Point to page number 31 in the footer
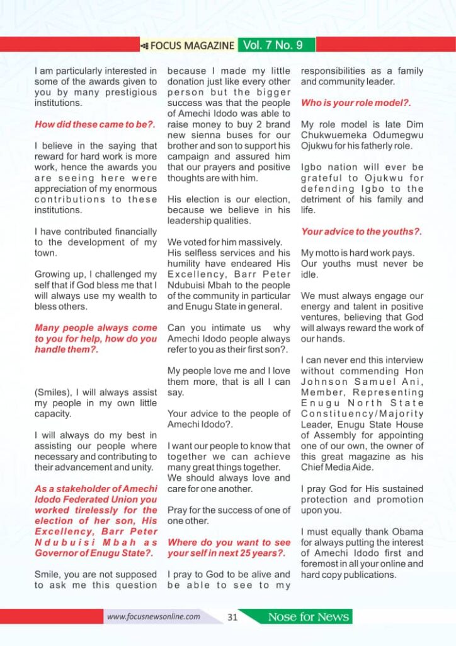tap(232, 617)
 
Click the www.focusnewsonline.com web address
tap(154, 616)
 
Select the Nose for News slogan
tap(308, 617)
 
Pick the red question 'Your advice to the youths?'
tap(362, 232)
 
